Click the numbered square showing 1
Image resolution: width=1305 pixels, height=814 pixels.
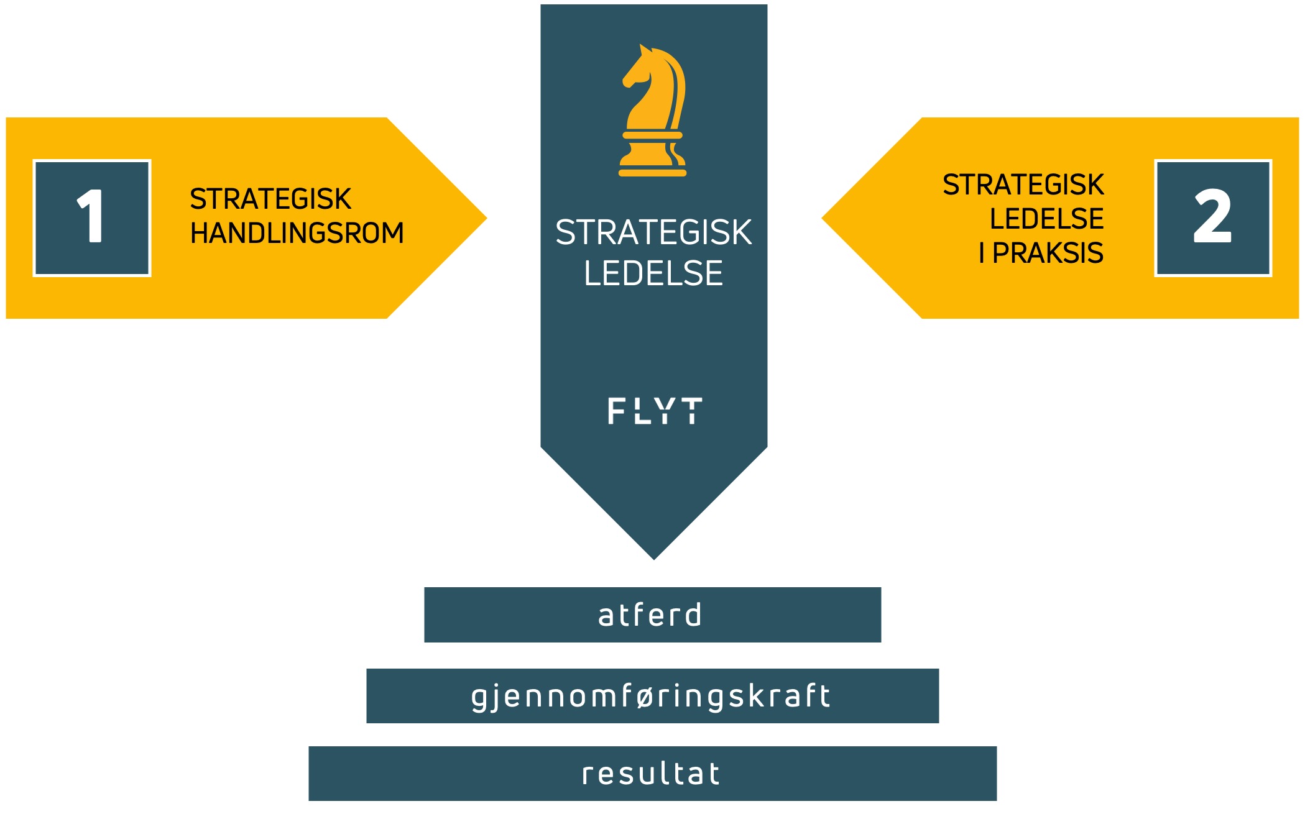click(92, 218)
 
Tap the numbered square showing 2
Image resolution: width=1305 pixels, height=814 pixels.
click(1213, 218)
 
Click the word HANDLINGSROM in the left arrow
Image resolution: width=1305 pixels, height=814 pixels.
click(297, 234)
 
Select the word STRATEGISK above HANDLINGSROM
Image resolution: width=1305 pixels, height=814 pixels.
click(270, 199)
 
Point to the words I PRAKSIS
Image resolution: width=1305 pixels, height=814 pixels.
click(1041, 254)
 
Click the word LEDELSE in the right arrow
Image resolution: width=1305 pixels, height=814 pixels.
click(1046, 219)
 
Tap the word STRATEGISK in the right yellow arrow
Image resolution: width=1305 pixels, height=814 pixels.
click(1023, 185)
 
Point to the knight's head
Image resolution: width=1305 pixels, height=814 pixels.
click(647, 68)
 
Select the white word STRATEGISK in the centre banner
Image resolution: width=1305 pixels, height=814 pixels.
click(653, 233)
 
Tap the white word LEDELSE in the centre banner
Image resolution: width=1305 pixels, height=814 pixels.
click(653, 274)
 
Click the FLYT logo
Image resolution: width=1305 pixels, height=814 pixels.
click(655, 411)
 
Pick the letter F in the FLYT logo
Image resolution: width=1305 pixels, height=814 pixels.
click(616, 411)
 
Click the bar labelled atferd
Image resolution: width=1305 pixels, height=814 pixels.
click(652, 615)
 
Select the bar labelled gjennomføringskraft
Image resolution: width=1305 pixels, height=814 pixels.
click(652, 696)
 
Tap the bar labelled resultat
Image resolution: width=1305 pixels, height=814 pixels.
click(652, 774)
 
